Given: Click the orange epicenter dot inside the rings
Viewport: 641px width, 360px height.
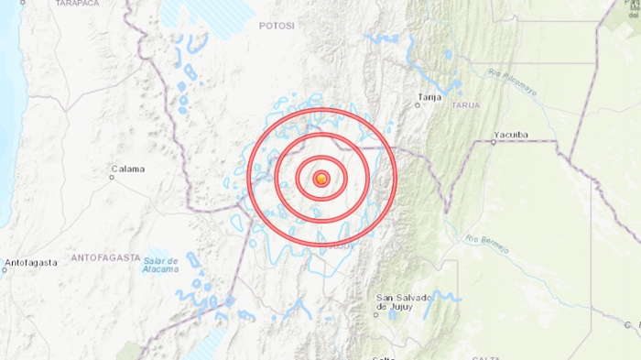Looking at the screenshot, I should (x=320, y=179).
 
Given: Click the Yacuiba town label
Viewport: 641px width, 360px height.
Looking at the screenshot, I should (x=510, y=135).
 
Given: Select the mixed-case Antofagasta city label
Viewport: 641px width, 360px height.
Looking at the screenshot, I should (x=30, y=263).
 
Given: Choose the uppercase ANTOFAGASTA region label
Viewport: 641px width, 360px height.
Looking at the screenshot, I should (x=103, y=248).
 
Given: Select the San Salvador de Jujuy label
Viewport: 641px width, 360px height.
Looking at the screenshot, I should (x=403, y=303).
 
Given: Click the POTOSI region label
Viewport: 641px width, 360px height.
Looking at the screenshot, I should (x=277, y=27).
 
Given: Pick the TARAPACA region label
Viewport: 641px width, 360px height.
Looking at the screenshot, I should (x=77, y=4).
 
